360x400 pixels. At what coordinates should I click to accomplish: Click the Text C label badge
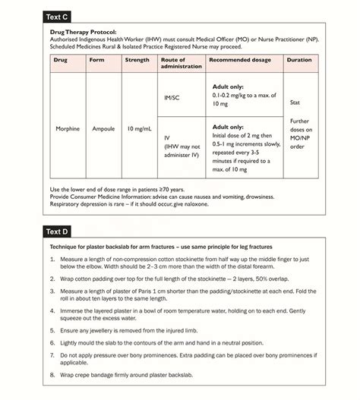[x=60, y=16]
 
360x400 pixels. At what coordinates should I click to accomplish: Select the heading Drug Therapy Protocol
[x=83, y=33]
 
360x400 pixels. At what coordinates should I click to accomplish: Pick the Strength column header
[x=137, y=59]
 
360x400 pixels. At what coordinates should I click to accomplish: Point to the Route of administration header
[x=181, y=63]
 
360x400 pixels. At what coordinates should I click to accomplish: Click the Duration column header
[x=299, y=59]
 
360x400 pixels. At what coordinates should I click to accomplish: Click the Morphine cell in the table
[x=68, y=128]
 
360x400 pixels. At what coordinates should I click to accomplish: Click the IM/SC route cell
[x=172, y=97]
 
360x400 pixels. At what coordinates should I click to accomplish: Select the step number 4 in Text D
[x=52, y=311]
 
